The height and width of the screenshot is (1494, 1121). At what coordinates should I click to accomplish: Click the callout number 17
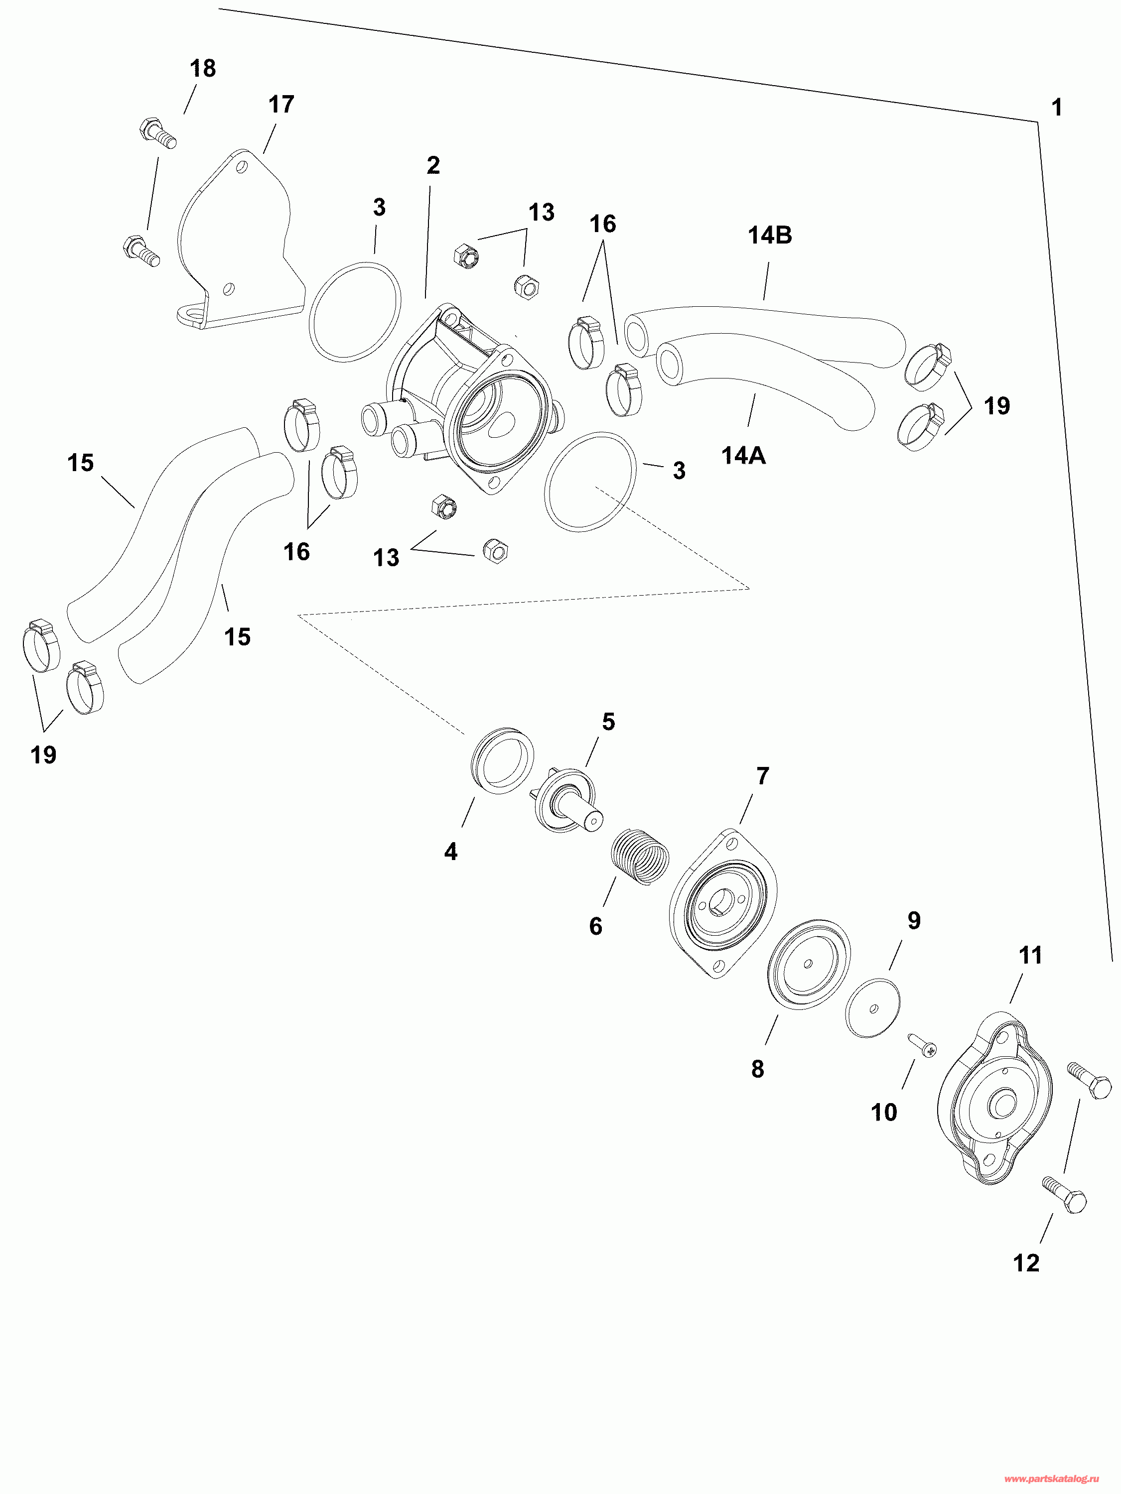[281, 105]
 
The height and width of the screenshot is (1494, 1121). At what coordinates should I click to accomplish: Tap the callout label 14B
[770, 235]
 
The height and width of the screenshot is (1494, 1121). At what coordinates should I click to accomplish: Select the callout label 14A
[743, 456]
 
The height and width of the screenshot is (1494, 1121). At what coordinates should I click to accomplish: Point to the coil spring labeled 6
[641, 857]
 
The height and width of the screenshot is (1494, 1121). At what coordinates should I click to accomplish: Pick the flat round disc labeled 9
[873, 1008]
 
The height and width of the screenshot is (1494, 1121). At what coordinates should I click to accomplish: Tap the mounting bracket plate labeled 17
[237, 243]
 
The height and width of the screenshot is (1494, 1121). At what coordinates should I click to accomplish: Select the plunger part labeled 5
[566, 800]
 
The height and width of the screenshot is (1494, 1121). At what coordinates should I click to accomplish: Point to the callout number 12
[1026, 1262]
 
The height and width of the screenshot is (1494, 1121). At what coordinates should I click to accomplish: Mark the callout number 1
[1057, 108]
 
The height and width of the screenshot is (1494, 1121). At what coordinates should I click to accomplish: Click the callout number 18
[203, 68]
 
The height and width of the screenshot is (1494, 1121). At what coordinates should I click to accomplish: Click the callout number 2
[433, 165]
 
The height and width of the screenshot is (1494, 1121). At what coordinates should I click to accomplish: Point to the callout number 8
[757, 1069]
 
